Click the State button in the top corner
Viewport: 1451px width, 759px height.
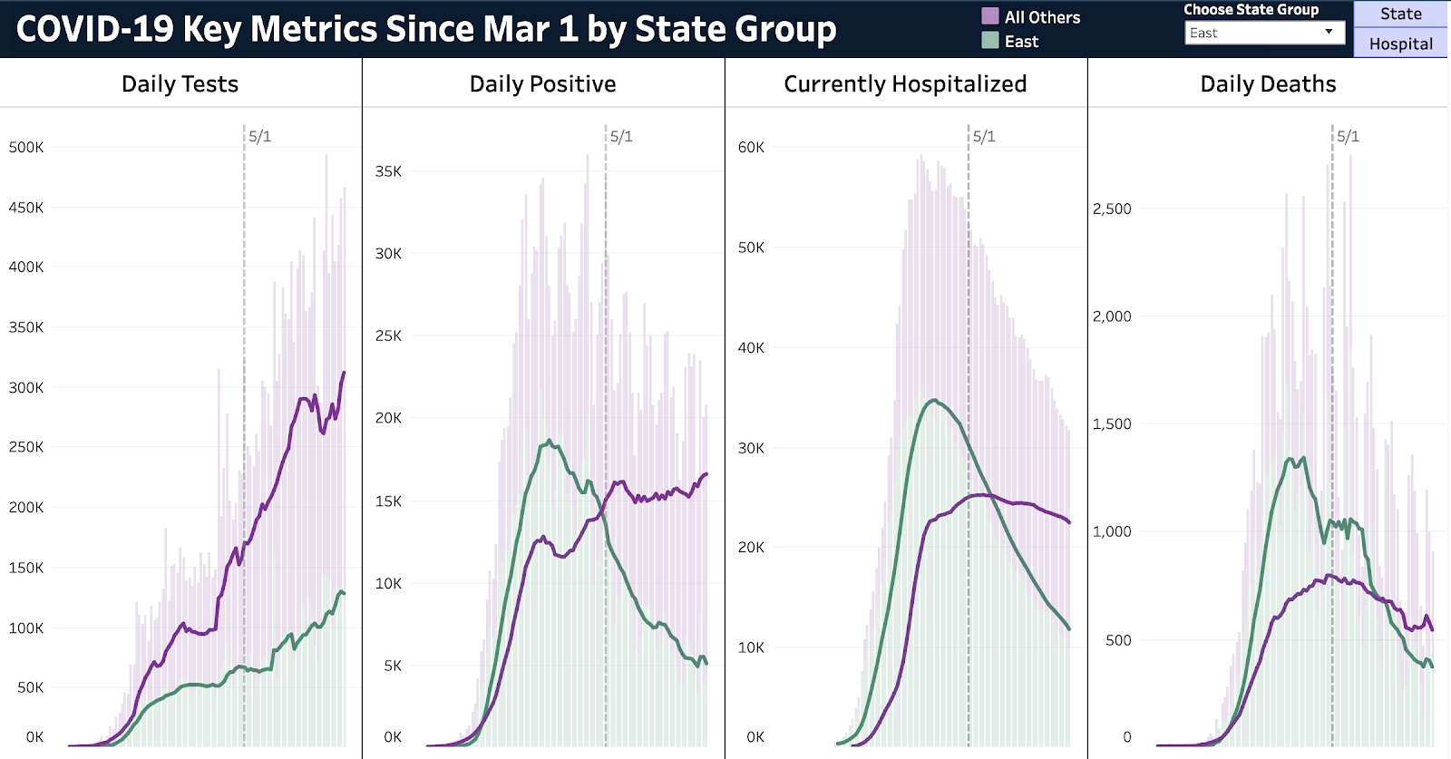[1400, 14]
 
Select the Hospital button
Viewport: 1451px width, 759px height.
[1400, 44]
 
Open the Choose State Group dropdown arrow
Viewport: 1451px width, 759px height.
[1329, 32]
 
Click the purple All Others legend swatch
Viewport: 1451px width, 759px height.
[990, 16]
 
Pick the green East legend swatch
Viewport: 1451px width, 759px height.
[990, 41]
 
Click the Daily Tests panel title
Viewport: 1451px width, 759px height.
[180, 84]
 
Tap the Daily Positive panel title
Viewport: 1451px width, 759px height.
[542, 84]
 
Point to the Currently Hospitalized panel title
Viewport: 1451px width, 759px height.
[905, 84]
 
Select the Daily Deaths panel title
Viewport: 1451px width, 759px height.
[1268, 84]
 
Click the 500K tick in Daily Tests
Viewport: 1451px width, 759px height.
[26, 147]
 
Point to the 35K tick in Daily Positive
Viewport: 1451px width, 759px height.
[388, 171]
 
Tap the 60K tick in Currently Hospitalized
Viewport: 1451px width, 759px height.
[751, 147]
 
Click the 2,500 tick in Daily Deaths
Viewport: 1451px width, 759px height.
[1112, 209]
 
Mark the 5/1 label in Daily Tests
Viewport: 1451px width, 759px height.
[259, 136]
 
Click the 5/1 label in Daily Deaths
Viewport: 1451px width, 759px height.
[1348, 136]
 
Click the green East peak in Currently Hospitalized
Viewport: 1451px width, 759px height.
[934, 400]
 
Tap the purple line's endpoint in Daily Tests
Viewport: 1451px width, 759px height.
[344, 373]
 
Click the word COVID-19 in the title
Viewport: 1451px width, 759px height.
[94, 29]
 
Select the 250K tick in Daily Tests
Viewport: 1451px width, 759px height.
[26, 447]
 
